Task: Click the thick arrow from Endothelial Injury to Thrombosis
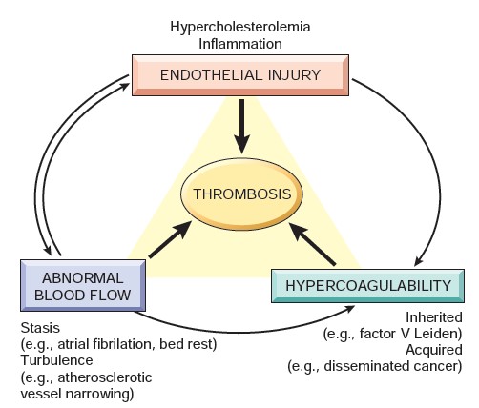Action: (x=242, y=124)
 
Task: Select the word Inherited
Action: (x=434, y=316)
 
